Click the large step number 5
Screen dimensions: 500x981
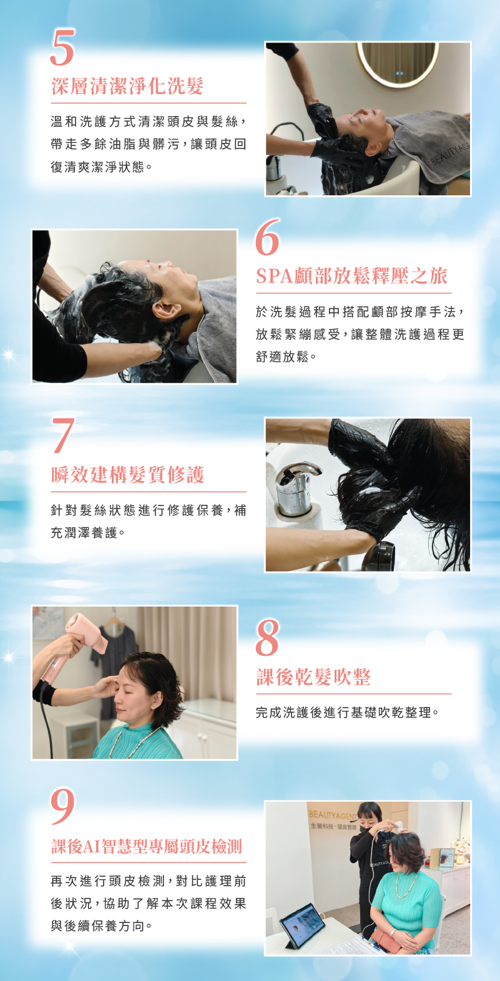[x=62, y=47]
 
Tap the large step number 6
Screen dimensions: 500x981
[x=267, y=237]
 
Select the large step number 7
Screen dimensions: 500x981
[x=63, y=435]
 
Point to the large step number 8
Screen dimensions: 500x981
[x=267, y=637]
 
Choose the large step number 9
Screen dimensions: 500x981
[x=62, y=806]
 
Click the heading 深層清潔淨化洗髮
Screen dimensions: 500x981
[x=127, y=86]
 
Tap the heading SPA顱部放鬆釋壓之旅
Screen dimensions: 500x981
[x=351, y=276]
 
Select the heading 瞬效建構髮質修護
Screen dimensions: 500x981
[x=127, y=475]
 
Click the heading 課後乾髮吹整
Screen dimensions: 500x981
[x=313, y=677]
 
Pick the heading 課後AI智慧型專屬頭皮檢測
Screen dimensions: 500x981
[x=147, y=847]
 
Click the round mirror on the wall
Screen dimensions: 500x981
[x=398, y=64]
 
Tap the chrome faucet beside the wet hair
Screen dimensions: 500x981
[x=297, y=488]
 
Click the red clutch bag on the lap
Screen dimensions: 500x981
[x=386, y=939]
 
